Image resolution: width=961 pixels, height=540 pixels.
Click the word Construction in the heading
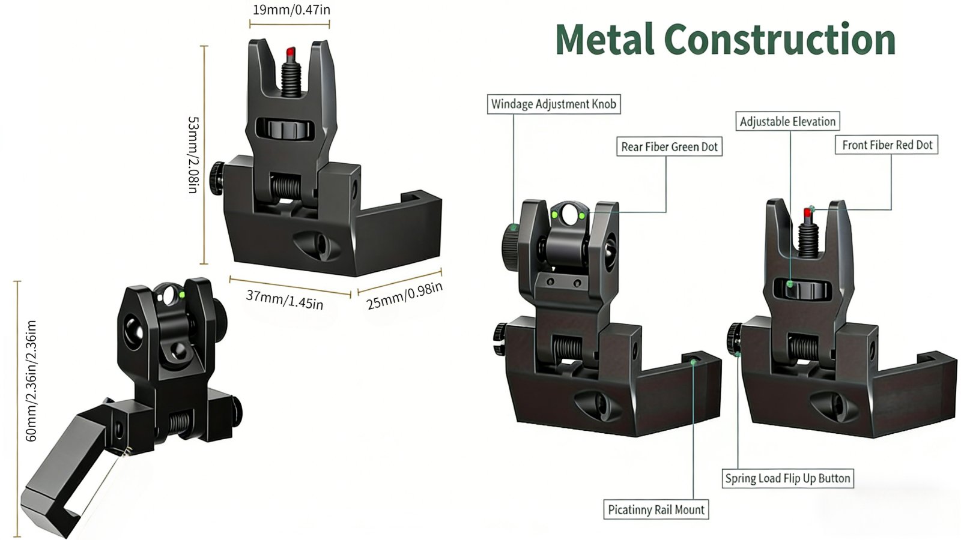(x=781, y=40)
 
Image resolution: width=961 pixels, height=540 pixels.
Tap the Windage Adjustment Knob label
(x=553, y=104)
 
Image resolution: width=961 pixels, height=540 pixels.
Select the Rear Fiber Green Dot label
(x=669, y=147)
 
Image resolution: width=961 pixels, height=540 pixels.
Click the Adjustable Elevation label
(x=787, y=122)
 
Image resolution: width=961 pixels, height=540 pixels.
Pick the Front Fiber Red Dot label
(x=887, y=145)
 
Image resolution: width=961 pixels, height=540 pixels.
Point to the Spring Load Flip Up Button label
(x=787, y=478)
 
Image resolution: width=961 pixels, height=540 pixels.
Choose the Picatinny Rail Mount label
(x=656, y=510)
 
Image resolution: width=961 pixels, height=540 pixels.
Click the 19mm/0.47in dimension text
(x=291, y=10)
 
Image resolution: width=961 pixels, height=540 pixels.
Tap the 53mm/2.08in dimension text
(x=192, y=155)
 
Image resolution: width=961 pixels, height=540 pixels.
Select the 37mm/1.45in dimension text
(x=285, y=299)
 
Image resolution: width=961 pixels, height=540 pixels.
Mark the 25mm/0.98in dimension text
(x=405, y=295)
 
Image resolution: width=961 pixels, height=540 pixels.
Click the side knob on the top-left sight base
(x=216, y=178)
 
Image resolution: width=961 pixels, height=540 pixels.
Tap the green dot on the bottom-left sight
(x=182, y=294)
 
